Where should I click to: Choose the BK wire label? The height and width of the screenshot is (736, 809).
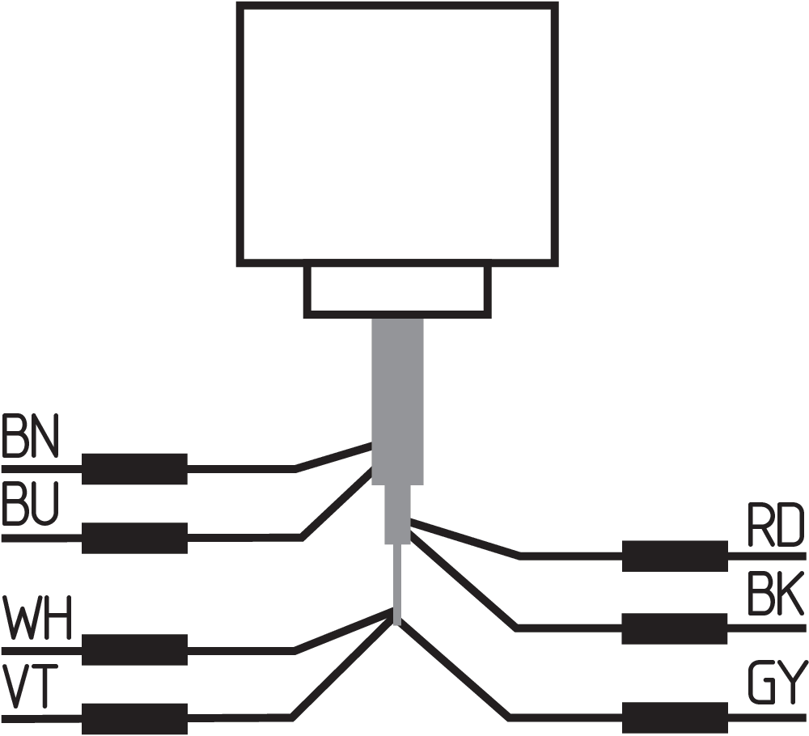click(775, 597)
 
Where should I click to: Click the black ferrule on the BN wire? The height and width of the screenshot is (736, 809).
click(135, 468)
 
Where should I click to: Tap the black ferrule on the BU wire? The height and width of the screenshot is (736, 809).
click(135, 538)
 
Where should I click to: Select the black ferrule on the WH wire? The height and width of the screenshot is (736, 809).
click(135, 649)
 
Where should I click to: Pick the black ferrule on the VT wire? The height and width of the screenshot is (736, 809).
click(135, 718)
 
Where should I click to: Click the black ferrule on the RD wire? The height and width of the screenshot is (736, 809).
click(674, 556)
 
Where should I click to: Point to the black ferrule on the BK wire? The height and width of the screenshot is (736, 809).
click(674, 628)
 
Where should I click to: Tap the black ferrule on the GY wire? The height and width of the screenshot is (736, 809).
click(674, 717)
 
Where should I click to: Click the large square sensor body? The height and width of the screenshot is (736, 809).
click(396, 133)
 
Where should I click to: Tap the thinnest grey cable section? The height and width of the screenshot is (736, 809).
click(397, 582)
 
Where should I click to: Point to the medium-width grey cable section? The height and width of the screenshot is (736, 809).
click(396, 514)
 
